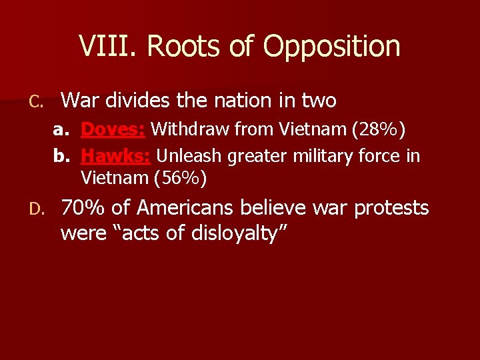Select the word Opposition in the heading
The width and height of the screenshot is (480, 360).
(331, 47)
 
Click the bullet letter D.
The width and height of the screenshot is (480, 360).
(38, 209)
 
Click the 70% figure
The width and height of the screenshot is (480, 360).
(83, 208)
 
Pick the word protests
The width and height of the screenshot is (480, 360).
(391, 208)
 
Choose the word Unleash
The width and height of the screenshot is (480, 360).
(189, 156)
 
